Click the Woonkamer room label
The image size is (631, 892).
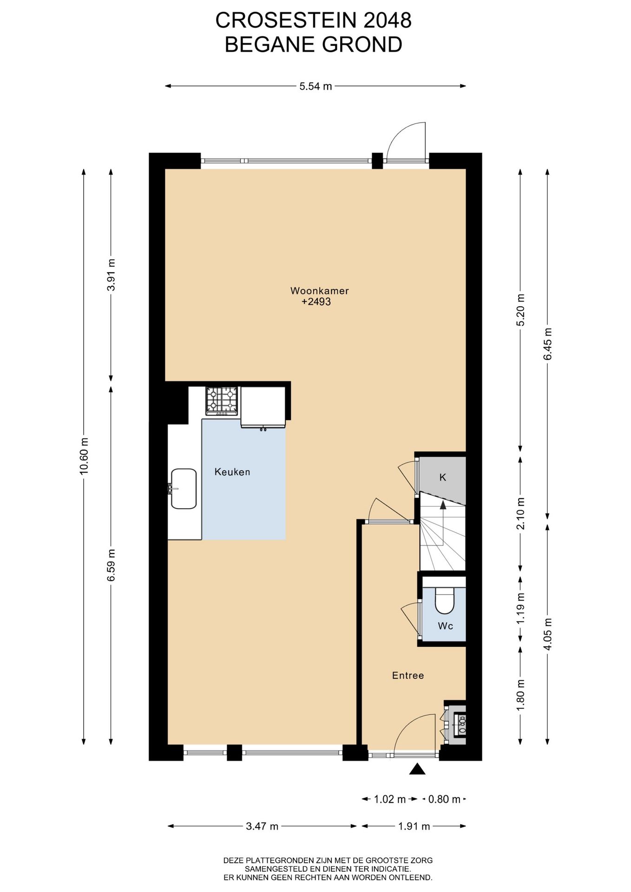[x=319, y=291]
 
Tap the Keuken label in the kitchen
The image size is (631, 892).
[x=232, y=472]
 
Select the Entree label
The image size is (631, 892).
[x=408, y=676]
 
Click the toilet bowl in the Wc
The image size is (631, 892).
[x=445, y=600]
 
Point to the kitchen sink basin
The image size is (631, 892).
[x=184, y=488]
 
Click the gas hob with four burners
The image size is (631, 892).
[x=222, y=400]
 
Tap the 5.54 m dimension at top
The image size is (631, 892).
[x=315, y=86]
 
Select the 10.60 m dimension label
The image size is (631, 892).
[x=84, y=456]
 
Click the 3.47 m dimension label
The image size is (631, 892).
[x=262, y=826]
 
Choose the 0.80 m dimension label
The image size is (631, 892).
[x=444, y=799]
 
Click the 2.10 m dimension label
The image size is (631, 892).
[x=521, y=513]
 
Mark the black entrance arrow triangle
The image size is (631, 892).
[x=417, y=769]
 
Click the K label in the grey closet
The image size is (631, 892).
[x=443, y=477]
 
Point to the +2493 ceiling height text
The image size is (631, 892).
[x=316, y=302]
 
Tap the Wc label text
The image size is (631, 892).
[x=445, y=626]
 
